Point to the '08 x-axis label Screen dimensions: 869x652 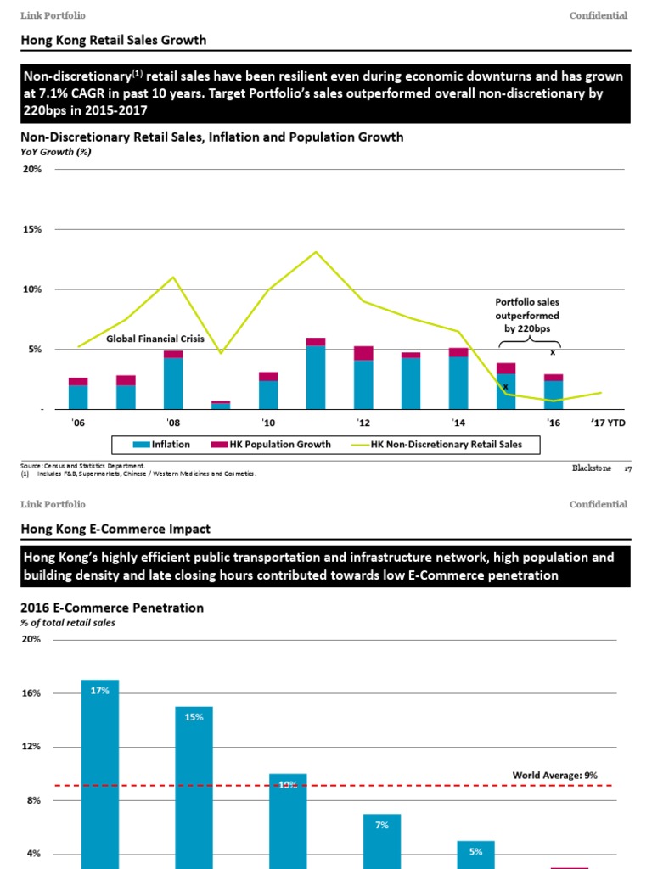(x=173, y=423)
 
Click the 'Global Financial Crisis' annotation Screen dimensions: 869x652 (x=155, y=339)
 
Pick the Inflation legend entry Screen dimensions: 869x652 (x=161, y=444)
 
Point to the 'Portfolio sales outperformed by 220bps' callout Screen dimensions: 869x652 (x=527, y=315)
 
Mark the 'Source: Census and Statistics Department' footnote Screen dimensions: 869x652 (x=82, y=466)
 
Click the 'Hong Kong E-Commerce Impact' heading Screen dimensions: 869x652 (x=115, y=529)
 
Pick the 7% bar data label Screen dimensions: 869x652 (x=381, y=825)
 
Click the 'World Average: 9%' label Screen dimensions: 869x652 (x=554, y=775)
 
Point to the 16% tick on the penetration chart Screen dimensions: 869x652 (x=32, y=693)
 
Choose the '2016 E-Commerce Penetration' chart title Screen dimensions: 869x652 (x=111, y=608)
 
